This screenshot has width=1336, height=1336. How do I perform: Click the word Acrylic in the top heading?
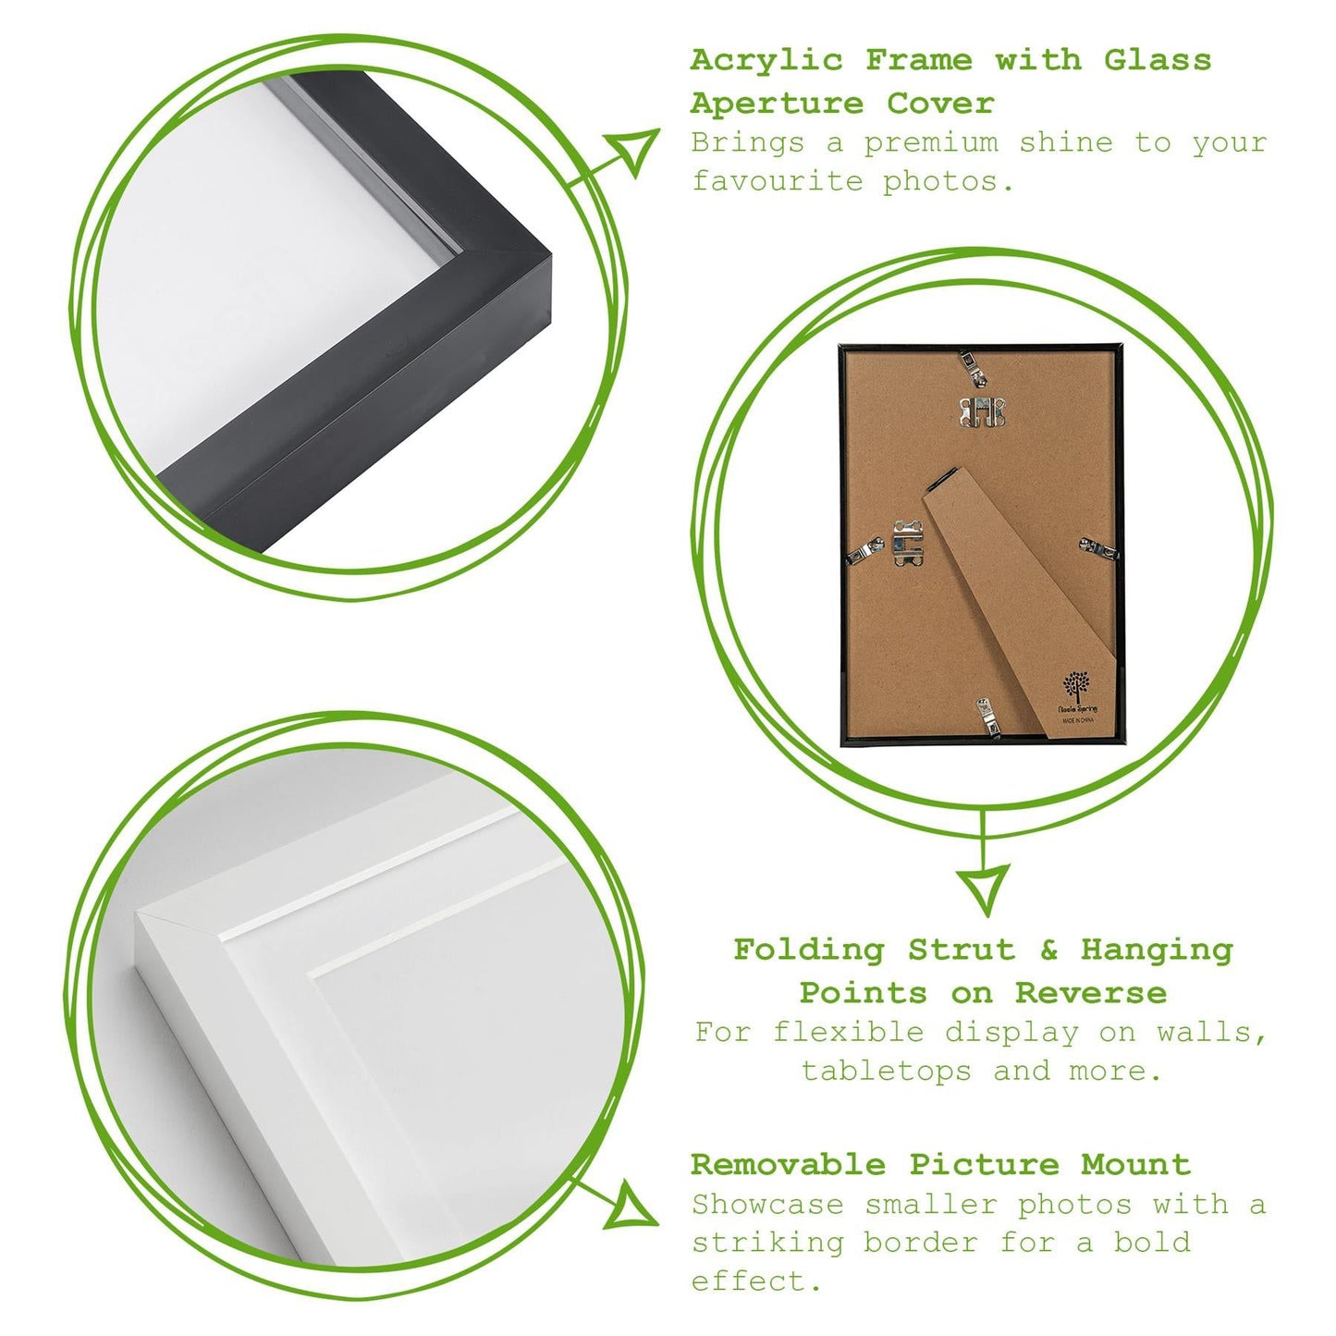(x=766, y=61)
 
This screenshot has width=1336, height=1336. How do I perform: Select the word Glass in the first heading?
(x=1158, y=61)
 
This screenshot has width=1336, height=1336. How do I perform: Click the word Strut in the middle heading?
(x=962, y=950)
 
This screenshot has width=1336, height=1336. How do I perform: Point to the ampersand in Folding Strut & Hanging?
(x=1048, y=950)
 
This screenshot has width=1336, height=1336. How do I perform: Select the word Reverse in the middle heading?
(x=1091, y=994)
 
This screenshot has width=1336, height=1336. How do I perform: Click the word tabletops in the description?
(x=887, y=1072)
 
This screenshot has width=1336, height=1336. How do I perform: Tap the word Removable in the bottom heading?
(x=788, y=1165)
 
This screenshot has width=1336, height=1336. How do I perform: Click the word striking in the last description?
(x=767, y=1244)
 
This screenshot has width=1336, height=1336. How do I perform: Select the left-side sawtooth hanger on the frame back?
(x=908, y=544)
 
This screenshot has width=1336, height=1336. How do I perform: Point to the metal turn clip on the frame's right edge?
(x=1098, y=550)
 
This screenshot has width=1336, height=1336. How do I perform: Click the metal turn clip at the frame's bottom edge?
(x=987, y=718)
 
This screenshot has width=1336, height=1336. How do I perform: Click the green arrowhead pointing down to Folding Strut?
(x=983, y=887)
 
